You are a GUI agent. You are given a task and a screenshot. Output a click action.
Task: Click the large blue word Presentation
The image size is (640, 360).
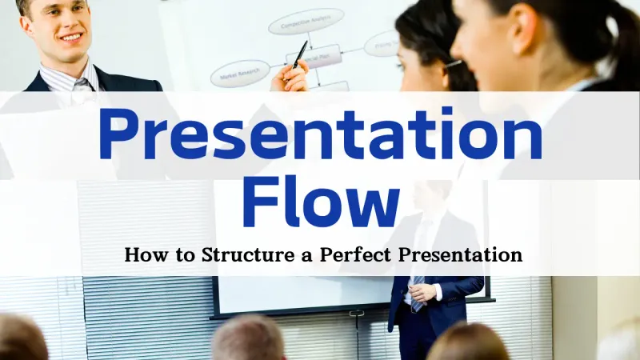(x=320, y=136)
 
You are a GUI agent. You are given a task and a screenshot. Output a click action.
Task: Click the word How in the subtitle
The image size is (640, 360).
(x=142, y=256)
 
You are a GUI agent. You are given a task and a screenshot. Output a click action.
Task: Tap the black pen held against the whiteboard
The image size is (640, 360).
(x=300, y=54)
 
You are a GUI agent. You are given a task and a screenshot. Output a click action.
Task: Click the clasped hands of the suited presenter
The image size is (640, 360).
(x=424, y=292)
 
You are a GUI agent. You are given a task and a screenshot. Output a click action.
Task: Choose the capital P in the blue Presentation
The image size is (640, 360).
(x=118, y=136)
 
